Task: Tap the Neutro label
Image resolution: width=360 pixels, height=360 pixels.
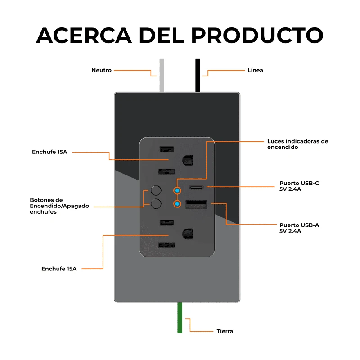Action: pos(101,70)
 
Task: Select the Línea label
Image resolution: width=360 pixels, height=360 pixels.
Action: pos(255,70)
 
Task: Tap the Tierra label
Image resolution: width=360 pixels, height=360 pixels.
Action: pos(225,331)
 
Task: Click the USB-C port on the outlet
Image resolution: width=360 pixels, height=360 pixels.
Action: pos(196,187)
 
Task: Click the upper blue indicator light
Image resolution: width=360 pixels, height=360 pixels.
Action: pos(177,190)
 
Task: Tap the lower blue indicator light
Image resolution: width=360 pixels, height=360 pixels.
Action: pos(177,204)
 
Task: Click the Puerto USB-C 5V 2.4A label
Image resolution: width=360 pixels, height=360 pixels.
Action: pos(299,186)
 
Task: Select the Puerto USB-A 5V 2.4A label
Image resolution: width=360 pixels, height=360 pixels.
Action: pos(299,228)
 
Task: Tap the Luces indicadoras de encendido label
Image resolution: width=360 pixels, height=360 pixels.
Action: pos(297,144)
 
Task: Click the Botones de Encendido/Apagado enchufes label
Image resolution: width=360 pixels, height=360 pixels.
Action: pos(59,206)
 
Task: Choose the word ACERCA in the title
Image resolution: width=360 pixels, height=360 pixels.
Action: pos(83,35)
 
